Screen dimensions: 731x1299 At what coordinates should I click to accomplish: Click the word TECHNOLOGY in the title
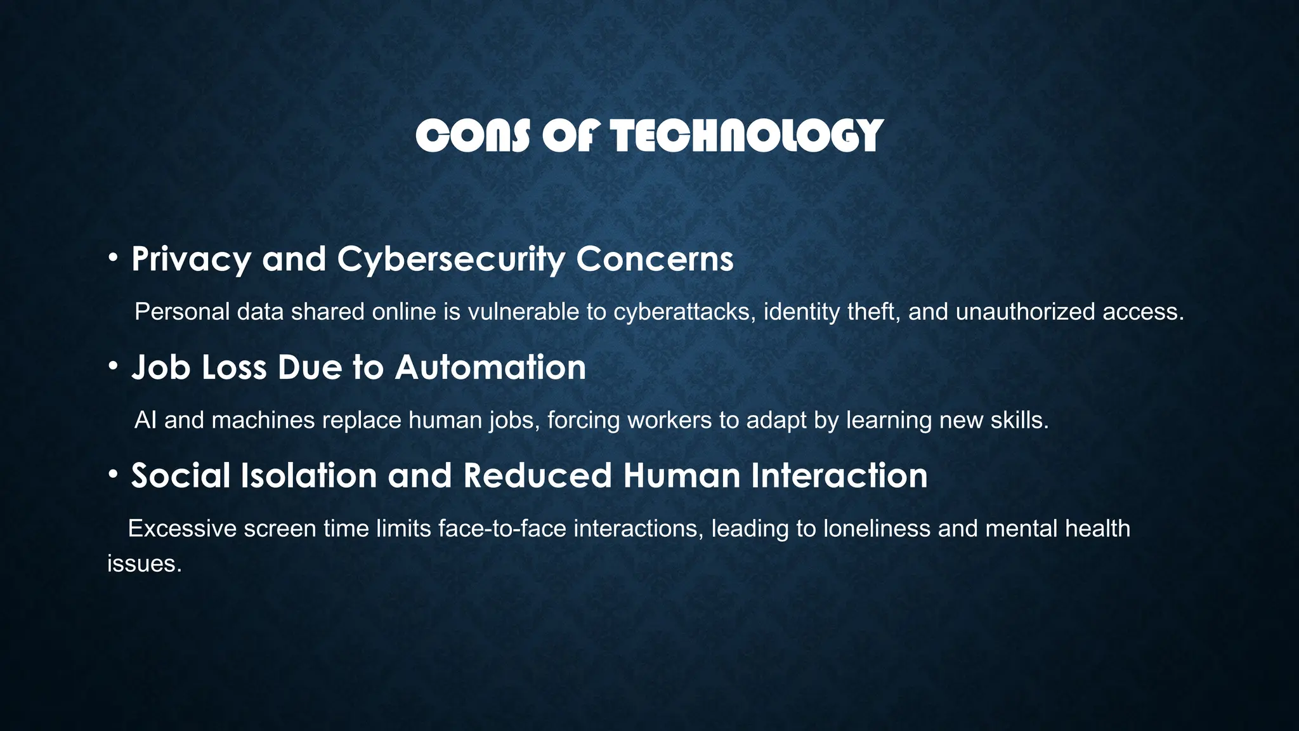point(747,136)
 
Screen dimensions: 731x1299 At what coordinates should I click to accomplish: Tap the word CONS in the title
point(473,136)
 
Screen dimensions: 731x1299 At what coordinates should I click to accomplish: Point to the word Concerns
point(655,260)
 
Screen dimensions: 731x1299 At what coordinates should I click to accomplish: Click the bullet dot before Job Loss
point(113,366)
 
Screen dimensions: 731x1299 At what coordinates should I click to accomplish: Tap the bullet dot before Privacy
point(113,258)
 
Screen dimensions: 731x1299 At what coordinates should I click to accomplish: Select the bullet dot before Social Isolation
point(113,474)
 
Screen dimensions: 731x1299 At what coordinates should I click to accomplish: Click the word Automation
point(492,367)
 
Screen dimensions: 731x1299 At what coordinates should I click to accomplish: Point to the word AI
point(145,420)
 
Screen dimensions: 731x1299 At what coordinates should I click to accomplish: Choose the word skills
point(1019,420)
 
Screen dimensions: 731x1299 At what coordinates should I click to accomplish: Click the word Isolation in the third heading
point(309,475)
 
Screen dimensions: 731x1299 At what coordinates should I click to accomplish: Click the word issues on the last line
point(144,563)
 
